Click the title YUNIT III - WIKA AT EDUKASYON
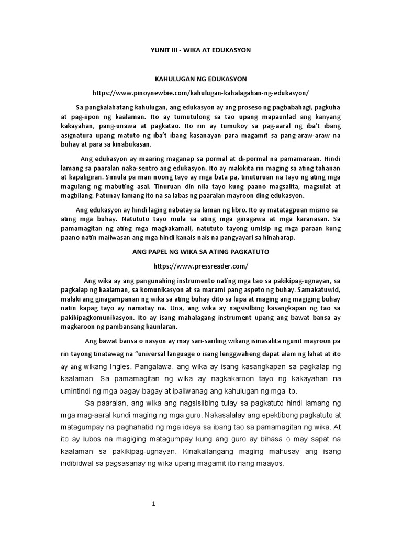[201, 50]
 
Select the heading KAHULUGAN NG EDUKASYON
[201, 79]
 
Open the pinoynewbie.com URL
[201, 93]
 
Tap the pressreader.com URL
[200, 266]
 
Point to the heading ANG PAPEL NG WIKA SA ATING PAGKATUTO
[200, 252]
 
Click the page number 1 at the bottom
[154, 504]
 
